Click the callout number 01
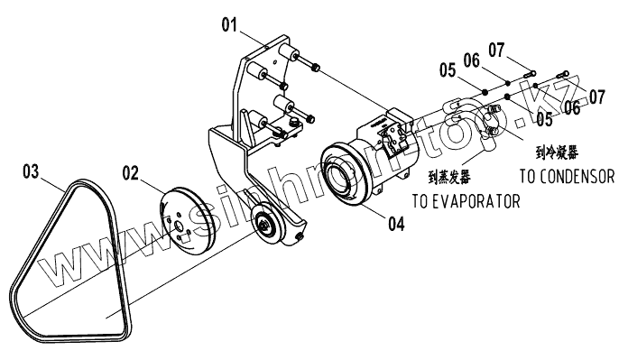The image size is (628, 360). (x=229, y=25)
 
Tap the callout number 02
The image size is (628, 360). (x=130, y=173)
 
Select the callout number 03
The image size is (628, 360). (x=31, y=171)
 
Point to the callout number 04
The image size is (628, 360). (x=396, y=224)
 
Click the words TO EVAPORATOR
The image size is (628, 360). (x=466, y=201)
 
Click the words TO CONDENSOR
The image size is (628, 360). (x=567, y=176)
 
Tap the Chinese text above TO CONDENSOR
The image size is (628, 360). (x=557, y=152)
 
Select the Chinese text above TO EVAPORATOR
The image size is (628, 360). (x=449, y=178)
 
